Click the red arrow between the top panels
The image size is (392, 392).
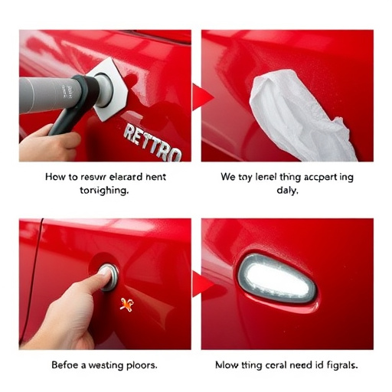pyautogui.click(x=201, y=96)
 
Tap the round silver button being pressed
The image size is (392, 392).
pyautogui.click(x=108, y=275)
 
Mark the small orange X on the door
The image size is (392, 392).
pyautogui.click(x=126, y=305)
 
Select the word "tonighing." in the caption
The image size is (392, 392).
pyautogui.click(x=103, y=191)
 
